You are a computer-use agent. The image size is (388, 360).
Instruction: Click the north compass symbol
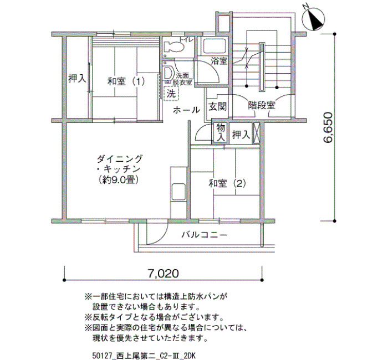(314, 19)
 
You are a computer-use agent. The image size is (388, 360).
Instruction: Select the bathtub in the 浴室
(215, 47)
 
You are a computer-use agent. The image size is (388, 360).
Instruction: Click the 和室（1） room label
(126, 81)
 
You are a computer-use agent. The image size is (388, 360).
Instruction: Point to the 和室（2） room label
(227, 183)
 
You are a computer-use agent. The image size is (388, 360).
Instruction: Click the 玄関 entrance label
(217, 106)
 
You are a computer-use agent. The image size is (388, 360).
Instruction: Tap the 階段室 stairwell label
(262, 106)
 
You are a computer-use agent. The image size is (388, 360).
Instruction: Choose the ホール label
(186, 110)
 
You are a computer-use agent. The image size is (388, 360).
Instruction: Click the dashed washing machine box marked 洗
(171, 93)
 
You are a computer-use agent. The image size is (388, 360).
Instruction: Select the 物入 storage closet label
(221, 133)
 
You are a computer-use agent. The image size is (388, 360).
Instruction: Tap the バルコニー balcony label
(204, 234)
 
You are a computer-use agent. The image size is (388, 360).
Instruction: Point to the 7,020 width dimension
(164, 274)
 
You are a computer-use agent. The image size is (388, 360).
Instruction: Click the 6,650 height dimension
(328, 127)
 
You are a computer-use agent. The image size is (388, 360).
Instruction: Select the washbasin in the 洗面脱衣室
(169, 73)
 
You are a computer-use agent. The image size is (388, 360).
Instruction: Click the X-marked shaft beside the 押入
(256, 133)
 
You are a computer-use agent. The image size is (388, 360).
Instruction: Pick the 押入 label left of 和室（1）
(77, 79)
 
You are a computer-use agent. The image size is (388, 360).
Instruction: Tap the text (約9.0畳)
(118, 180)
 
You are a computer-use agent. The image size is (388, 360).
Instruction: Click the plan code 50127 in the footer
(99, 356)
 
